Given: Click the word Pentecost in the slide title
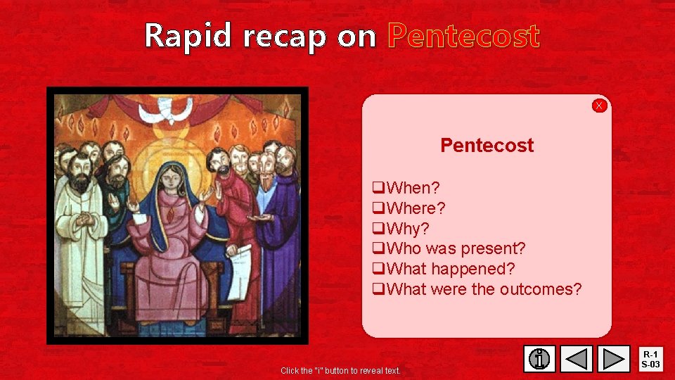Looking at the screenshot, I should click(x=463, y=36).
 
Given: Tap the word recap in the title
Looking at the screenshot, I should click(x=285, y=36).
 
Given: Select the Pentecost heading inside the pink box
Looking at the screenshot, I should click(x=487, y=146).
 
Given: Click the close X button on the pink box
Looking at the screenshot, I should click(x=599, y=106).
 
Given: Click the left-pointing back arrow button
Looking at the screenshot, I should click(x=577, y=359).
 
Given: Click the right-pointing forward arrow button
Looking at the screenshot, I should click(x=615, y=359).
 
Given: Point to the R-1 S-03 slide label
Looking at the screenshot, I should click(x=650, y=359).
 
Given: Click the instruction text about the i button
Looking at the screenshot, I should click(x=340, y=370).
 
